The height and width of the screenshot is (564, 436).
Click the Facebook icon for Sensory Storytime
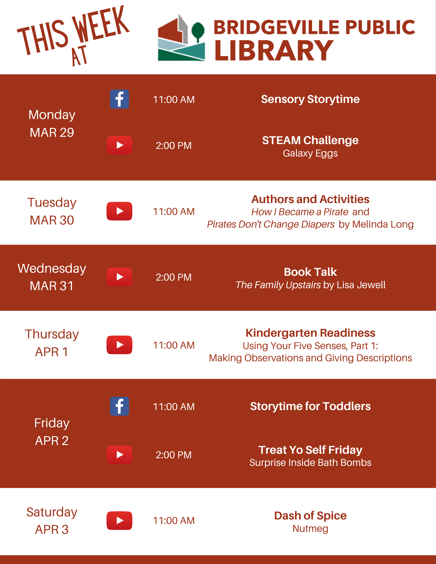pyautogui.click(x=119, y=99)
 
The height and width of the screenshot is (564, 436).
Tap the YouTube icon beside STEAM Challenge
pyautogui.click(x=119, y=145)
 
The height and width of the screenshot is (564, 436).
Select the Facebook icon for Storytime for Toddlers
pyautogui.click(x=119, y=406)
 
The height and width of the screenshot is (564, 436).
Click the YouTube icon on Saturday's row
pyautogui.click(x=119, y=521)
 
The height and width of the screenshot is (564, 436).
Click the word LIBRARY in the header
pyautogui.click(x=274, y=50)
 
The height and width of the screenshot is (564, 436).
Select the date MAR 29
pyautogui.click(x=52, y=133)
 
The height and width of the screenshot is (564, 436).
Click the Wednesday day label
pyautogui.click(x=52, y=268)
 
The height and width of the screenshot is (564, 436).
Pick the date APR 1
pyautogui.click(x=52, y=352)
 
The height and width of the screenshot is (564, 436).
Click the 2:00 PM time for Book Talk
pyautogui.click(x=174, y=277)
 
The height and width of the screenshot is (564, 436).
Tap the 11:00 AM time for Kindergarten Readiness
pyautogui.click(x=174, y=345)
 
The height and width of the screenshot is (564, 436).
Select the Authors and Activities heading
pyautogui.click(x=310, y=199)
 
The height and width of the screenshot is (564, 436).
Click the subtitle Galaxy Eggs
pyautogui.click(x=310, y=154)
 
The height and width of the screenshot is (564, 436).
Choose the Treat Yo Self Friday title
pyautogui.click(x=310, y=450)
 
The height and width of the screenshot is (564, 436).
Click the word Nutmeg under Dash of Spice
pyautogui.click(x=310, y=529)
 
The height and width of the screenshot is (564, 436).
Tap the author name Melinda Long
pyautogui.click(x=383, y=224)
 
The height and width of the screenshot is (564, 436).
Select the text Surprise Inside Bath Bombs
pyautogui.click(x=310, y=463)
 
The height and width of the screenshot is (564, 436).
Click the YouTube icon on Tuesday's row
pyautogui.click(x=119, y=211)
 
